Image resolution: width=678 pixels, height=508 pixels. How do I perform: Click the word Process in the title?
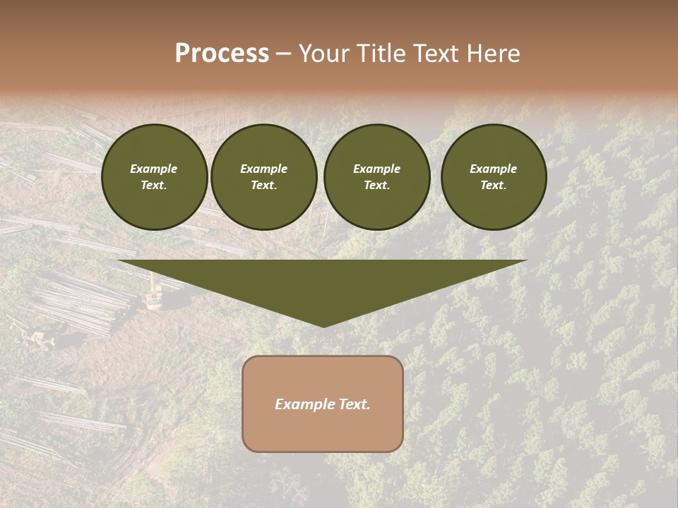tap(222, 54)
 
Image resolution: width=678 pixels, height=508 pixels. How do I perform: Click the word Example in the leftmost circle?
tap(154, 169)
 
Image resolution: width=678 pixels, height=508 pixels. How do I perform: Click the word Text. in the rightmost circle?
tap(494, 186)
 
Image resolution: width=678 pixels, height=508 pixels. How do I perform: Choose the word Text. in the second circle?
tap(264, 186)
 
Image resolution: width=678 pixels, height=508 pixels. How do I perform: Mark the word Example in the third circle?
tap(377, 169)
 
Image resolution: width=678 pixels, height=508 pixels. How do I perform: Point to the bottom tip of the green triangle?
tap(323, 326)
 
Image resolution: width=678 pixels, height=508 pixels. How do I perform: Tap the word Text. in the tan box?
tap(352, 404)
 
